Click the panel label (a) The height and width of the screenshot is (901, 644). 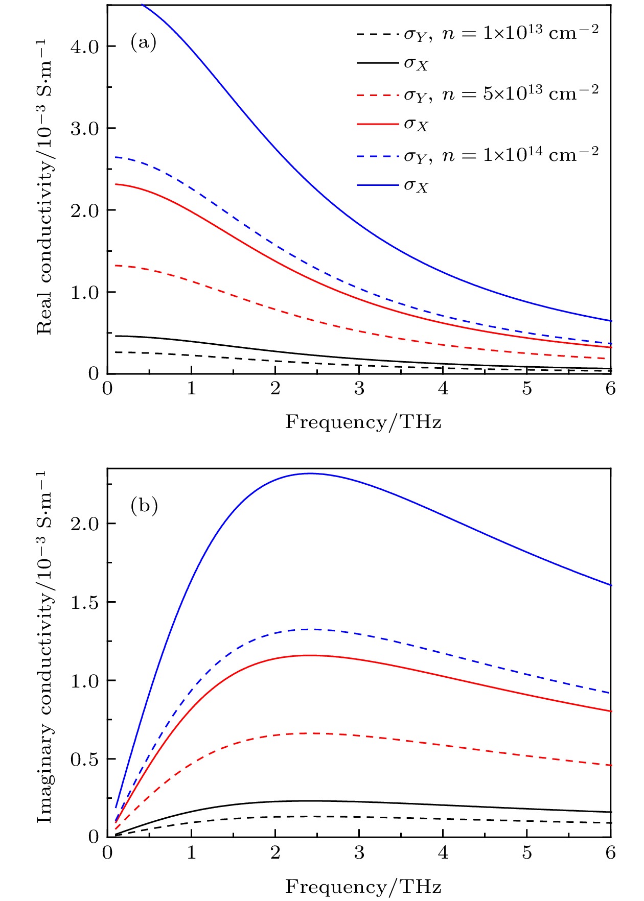point(143,42)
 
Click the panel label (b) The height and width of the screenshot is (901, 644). point(144,506)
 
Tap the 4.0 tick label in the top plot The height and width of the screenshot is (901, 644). point(85,47)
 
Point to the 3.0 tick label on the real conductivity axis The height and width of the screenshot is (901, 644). point(85,129)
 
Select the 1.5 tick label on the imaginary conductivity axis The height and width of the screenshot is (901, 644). point(85,603)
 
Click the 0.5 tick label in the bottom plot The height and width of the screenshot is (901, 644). point(85,760)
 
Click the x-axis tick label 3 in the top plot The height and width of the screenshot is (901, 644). point(359,389)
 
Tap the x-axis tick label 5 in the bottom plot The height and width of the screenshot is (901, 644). point(527,853)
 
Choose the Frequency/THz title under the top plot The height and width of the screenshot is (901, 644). point(363,422)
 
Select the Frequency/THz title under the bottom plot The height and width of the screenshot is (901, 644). point(363,887)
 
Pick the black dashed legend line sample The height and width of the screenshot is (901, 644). point(377,34)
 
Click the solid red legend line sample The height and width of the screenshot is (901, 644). point(377,125)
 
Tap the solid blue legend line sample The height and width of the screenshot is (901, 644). point(377,185)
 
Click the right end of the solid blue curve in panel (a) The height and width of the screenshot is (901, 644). point(610,321)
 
